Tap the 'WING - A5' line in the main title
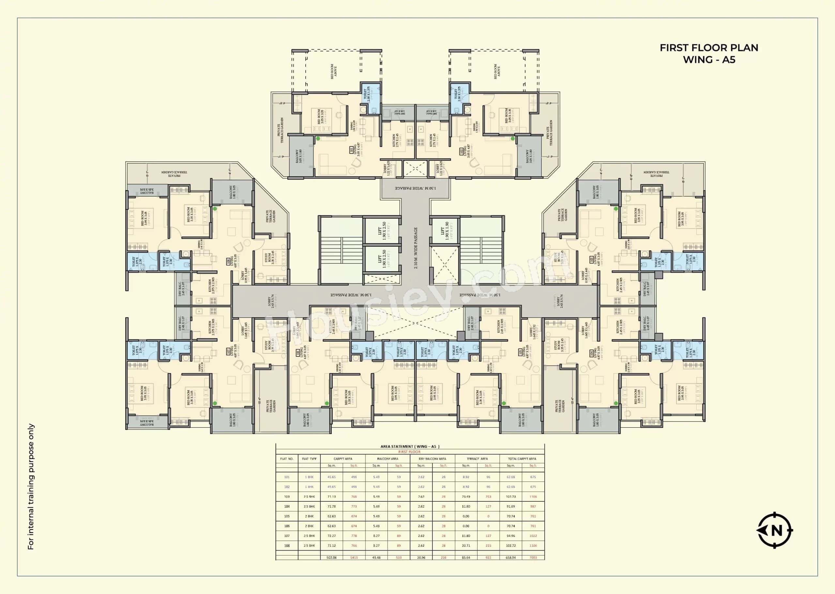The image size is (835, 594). [x=709, y=60]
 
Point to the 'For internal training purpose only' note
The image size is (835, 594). [x=31, y=486]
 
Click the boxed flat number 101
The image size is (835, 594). [x=352, y=150]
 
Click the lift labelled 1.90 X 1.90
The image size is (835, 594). [x=444, y=231]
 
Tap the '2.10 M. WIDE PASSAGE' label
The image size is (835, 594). [x=416, y=248]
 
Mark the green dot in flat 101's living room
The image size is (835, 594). [x=318, y=139]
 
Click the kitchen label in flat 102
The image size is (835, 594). [x=435, y=140]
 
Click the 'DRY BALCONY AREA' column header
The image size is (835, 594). [x=432, y=459]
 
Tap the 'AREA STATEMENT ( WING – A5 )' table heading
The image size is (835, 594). [x=410, y=447]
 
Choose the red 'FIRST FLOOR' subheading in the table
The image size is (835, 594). [x=410, y=452]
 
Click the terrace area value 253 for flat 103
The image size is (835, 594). [x=488, y=497]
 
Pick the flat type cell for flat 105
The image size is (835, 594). [x=309, y=516]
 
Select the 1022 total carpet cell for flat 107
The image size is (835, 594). [x=533, y=536]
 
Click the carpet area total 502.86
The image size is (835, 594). [x=331, y=558]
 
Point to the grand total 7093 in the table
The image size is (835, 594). [x=533, y=558]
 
